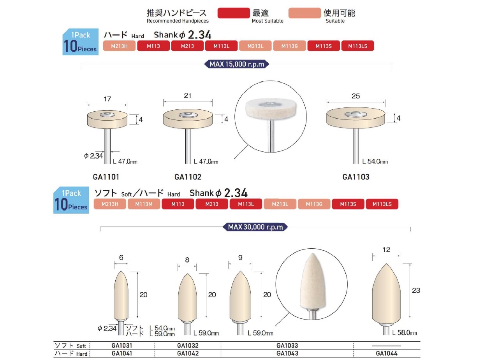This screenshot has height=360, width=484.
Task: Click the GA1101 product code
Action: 106,177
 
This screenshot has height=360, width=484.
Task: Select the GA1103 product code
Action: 356,177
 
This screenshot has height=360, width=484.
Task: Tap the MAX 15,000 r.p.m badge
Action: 237,64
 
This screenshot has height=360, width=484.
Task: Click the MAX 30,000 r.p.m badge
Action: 255,227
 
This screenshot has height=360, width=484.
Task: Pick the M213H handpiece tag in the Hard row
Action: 120,46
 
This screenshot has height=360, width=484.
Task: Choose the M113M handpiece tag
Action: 144,204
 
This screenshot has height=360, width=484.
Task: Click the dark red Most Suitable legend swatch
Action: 234,13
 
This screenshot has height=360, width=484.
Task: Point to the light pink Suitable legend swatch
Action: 304,13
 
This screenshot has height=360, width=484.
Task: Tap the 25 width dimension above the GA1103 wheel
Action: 356,96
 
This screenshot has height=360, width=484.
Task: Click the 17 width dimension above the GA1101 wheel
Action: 107,99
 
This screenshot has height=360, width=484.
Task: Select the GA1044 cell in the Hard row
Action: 387,354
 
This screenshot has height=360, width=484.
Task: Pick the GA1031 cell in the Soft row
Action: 122,346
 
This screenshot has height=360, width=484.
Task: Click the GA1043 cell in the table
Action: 287,354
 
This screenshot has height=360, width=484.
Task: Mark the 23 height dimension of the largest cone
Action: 415,290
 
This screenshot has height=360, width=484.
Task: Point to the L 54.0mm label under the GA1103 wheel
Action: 375,162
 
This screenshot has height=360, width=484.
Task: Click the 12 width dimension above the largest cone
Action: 386,250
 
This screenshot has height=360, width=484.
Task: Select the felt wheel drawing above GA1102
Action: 188,119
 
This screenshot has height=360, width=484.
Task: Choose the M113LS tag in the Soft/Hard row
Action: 382,204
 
